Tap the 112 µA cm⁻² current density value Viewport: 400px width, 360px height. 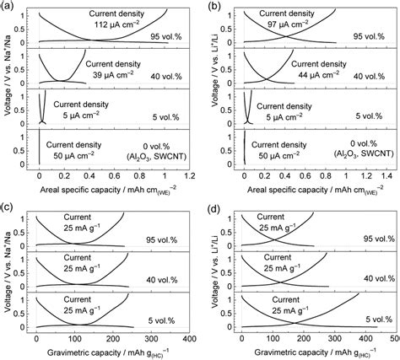tap(114, 25)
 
